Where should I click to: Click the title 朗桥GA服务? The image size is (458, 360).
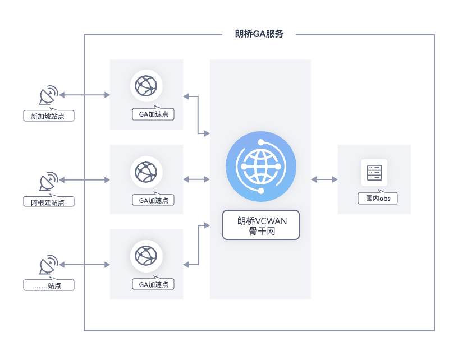(x=259, y=34)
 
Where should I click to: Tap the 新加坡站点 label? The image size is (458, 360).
(x=49, y=117)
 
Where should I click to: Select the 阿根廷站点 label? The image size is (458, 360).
(x=49, y=202)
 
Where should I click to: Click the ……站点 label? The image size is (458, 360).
(x=49, y=285)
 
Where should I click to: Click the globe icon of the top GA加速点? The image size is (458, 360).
(x=146, y=86)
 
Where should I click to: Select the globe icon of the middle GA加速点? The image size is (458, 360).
(x=146, y=171)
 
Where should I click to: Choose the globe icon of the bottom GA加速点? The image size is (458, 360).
(x=146, y=255)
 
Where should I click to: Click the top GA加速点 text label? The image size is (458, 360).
(x=153, y=114)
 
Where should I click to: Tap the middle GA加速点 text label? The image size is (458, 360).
(x=153, y=200)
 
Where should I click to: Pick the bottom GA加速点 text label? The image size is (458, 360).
(x=153, y=284)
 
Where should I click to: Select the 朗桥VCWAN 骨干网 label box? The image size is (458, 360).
(x=260, y=225)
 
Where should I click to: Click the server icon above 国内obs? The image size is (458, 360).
(x=374, y=173)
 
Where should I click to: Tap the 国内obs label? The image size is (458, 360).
(x=378, y=199)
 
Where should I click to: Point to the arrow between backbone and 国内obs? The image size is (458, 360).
(x=324, y=179)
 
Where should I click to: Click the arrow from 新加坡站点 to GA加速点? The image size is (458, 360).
(x=84, y=95)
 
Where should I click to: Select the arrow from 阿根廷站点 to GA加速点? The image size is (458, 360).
(x=84, y=180)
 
